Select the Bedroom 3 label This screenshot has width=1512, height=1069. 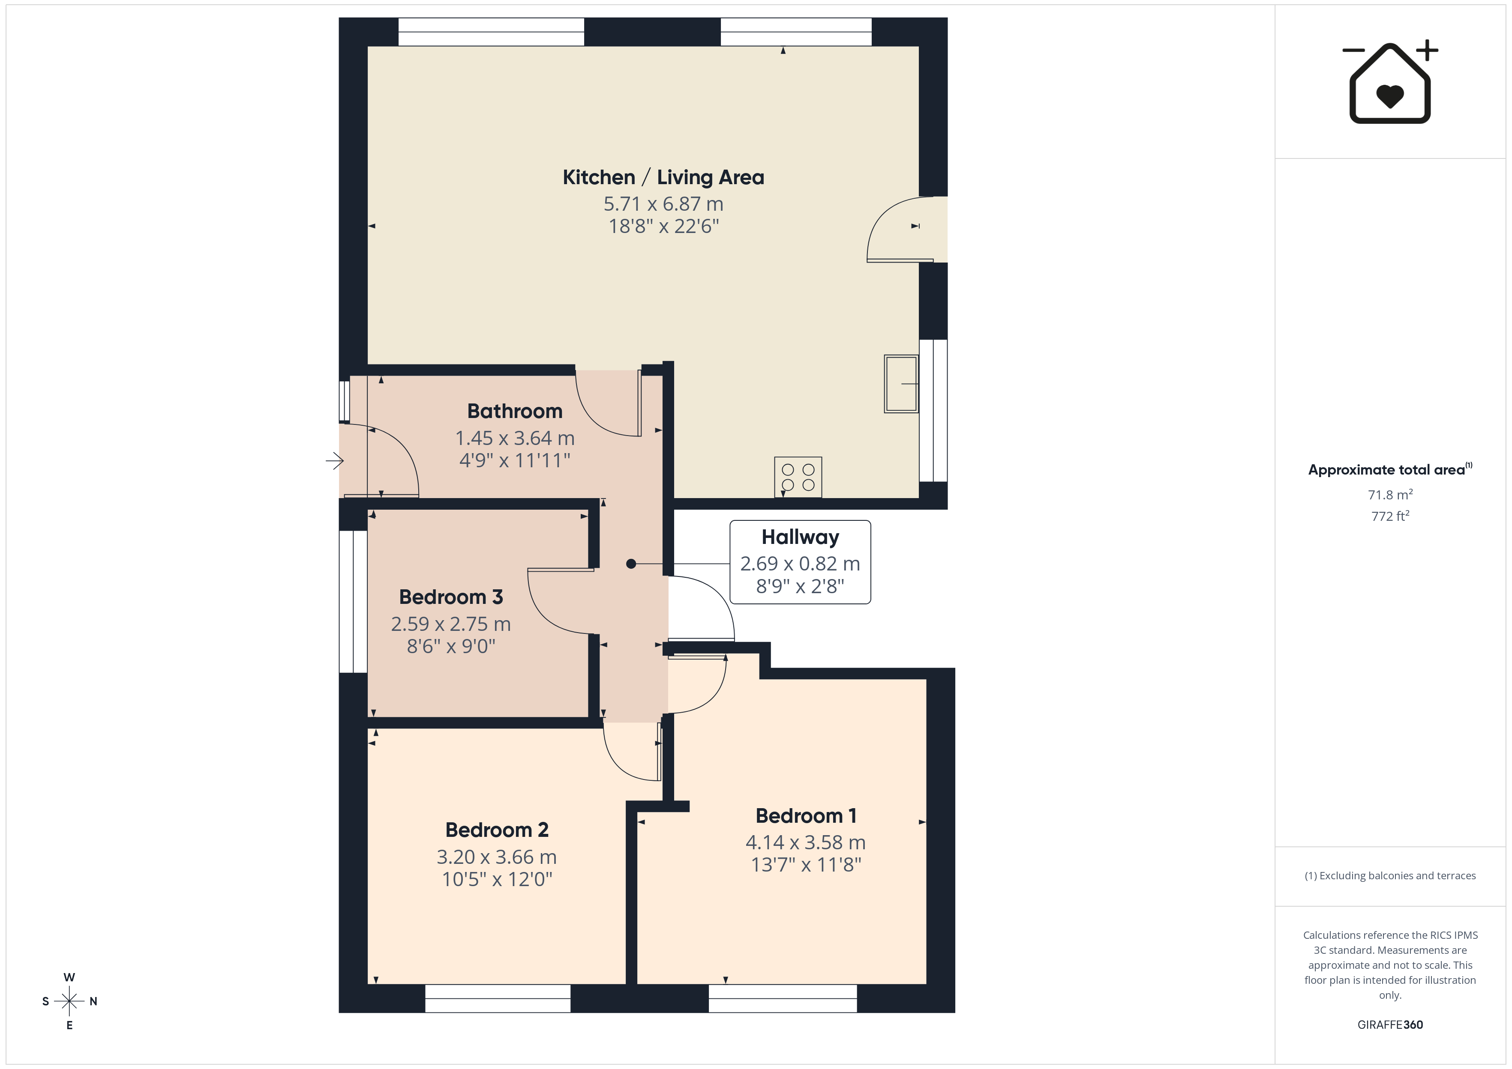[451, 597]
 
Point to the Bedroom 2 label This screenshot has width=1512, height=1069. [497, 830]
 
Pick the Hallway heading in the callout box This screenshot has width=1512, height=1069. [800, 537]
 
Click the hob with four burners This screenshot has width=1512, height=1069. [798, 477]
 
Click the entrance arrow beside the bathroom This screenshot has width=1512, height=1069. [335, 461]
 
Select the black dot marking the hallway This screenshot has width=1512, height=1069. [631, 564]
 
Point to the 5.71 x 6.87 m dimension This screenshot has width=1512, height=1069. [663, 204]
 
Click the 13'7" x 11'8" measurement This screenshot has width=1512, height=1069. [806, 864]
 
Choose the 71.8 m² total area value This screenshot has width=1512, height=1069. [1390, 494]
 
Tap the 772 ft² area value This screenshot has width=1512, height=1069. [1390, 516]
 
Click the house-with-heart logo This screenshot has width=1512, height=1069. [1390, 82]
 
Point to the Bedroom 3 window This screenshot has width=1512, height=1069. [353, 602]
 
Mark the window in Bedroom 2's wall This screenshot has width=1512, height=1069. [498, 999]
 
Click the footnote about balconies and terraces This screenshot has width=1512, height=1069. [1390, 875]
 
